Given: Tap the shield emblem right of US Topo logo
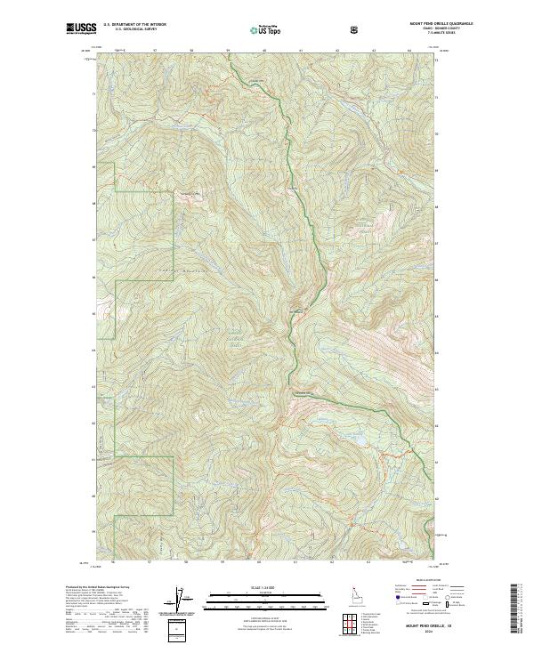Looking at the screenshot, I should coord(355,29).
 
